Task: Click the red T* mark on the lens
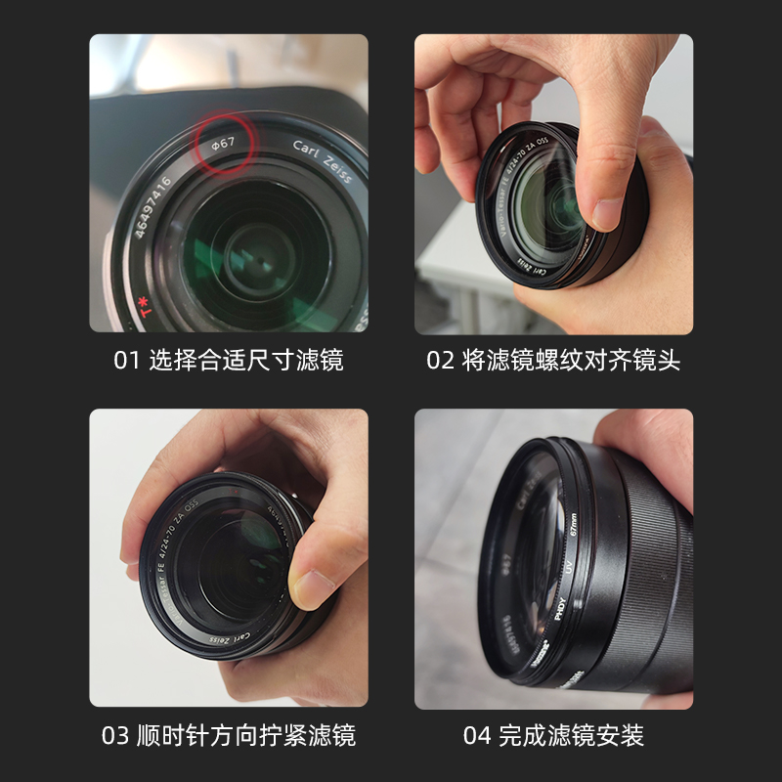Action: (147, 312)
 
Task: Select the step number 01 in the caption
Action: (127, 360)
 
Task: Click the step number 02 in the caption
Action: (440, 360)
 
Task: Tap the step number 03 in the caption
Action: (115, 735)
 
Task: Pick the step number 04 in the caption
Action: (476, 735)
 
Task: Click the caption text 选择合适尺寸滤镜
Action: (245, 360)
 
